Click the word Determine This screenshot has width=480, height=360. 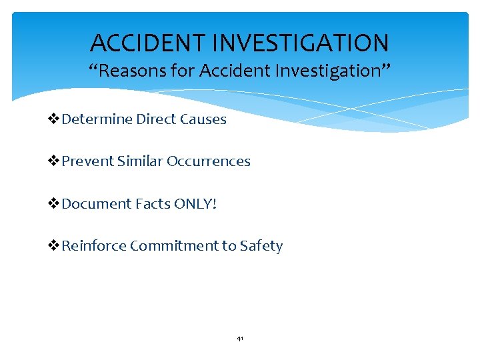click(x=97, y=120)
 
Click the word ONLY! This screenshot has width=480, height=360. click(x=195, y=204)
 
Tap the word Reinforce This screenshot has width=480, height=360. click(x=94, y=246)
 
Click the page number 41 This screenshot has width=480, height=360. click(x=240, y=339)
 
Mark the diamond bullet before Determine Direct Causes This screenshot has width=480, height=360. click(x=55, y=120)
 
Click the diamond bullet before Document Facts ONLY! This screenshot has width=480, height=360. click(x=55, y=204)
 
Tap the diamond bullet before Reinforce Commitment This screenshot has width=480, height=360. click(x=55, y=246)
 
